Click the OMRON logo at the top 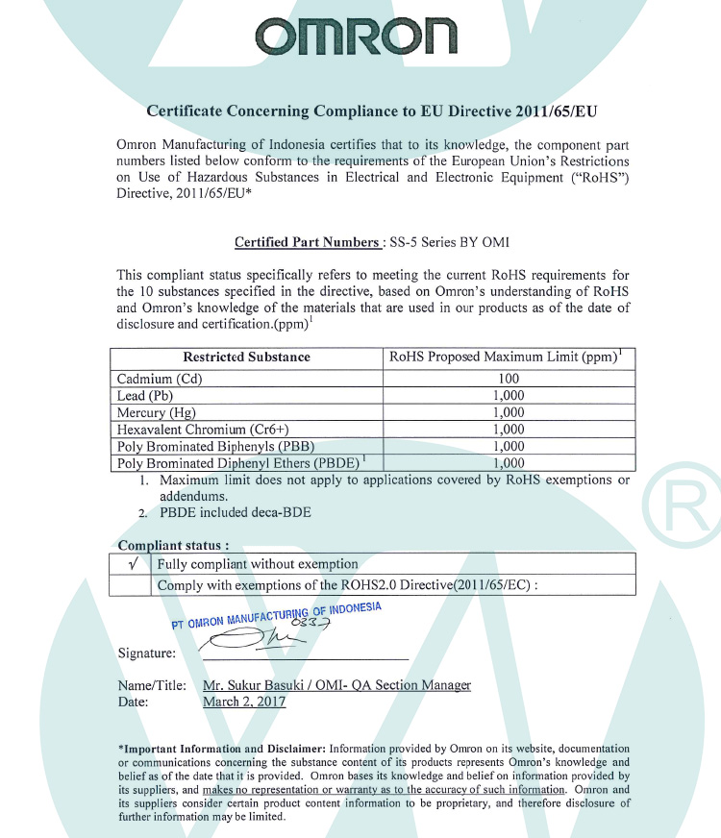pos(356,37)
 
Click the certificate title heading pos(371,111)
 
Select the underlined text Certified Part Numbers pos(307,242)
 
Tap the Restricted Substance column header pos(247,357)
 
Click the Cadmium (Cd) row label pos(159,379)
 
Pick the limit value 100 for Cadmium pos(509,379)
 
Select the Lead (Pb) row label pos(145,396)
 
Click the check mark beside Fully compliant pos(131,564)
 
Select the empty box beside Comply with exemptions pos(131,584)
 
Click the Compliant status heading pos(173,546)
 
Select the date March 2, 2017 pos(244,702)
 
